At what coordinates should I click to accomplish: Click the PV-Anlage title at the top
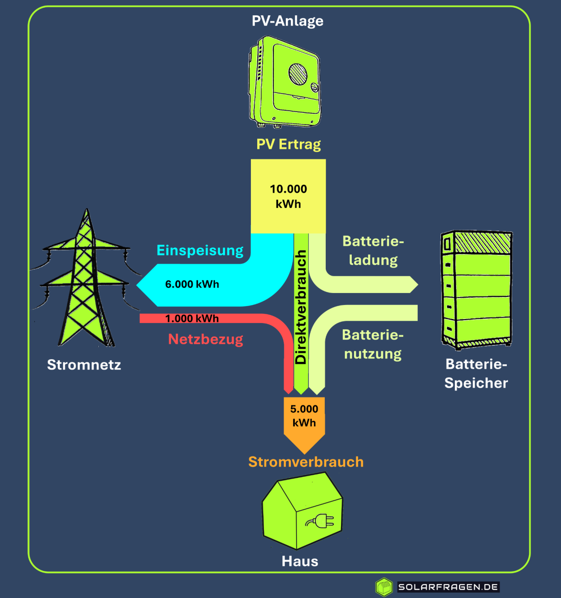[287, 21]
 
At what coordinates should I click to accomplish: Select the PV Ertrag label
[289, 144]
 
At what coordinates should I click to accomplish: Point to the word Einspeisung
[200, 250]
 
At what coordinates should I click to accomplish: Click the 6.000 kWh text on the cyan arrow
[192, 284]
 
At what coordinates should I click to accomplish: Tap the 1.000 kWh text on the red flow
[192, 318]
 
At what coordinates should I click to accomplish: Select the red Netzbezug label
[205, 339]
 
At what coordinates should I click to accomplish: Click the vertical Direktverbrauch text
[301, 307]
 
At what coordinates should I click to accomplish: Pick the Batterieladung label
[373, 250]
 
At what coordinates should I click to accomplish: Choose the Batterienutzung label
[373, 344]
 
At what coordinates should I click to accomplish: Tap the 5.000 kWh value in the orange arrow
[304, 416]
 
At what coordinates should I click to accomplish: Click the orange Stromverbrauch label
[306, 462]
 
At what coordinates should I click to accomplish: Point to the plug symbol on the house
[321, 521]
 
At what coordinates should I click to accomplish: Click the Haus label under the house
[300, 561]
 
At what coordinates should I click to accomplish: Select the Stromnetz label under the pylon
[84, 365]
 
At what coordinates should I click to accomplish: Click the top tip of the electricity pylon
[87, 211]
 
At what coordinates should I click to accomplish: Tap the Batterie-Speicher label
[476, 374]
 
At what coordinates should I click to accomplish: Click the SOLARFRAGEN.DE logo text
[448, 587]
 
